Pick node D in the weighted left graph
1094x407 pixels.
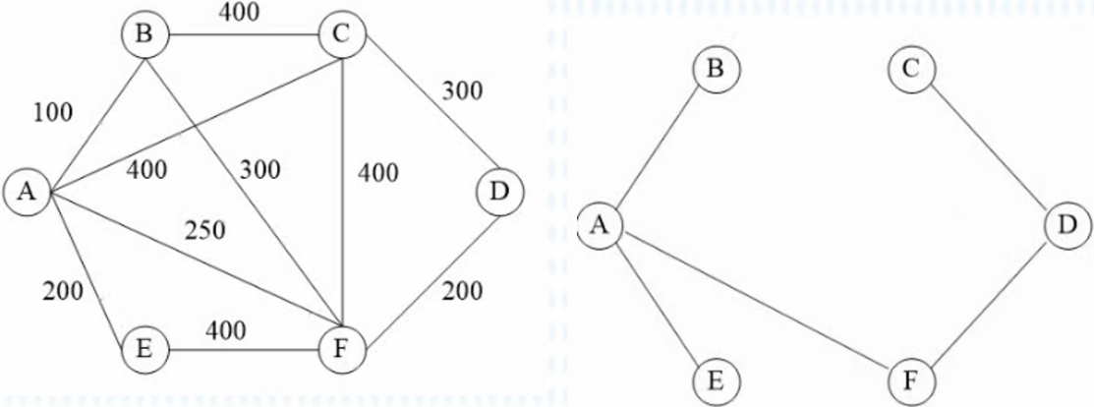499,193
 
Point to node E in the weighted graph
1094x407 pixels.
144,348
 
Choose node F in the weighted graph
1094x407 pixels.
340,348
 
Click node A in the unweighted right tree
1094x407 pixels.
601,226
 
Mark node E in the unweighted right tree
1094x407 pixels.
717,379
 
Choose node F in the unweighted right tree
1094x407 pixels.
911,379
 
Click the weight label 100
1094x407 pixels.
53,112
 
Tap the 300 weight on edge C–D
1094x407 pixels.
462,91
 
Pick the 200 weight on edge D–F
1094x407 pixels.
462,291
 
